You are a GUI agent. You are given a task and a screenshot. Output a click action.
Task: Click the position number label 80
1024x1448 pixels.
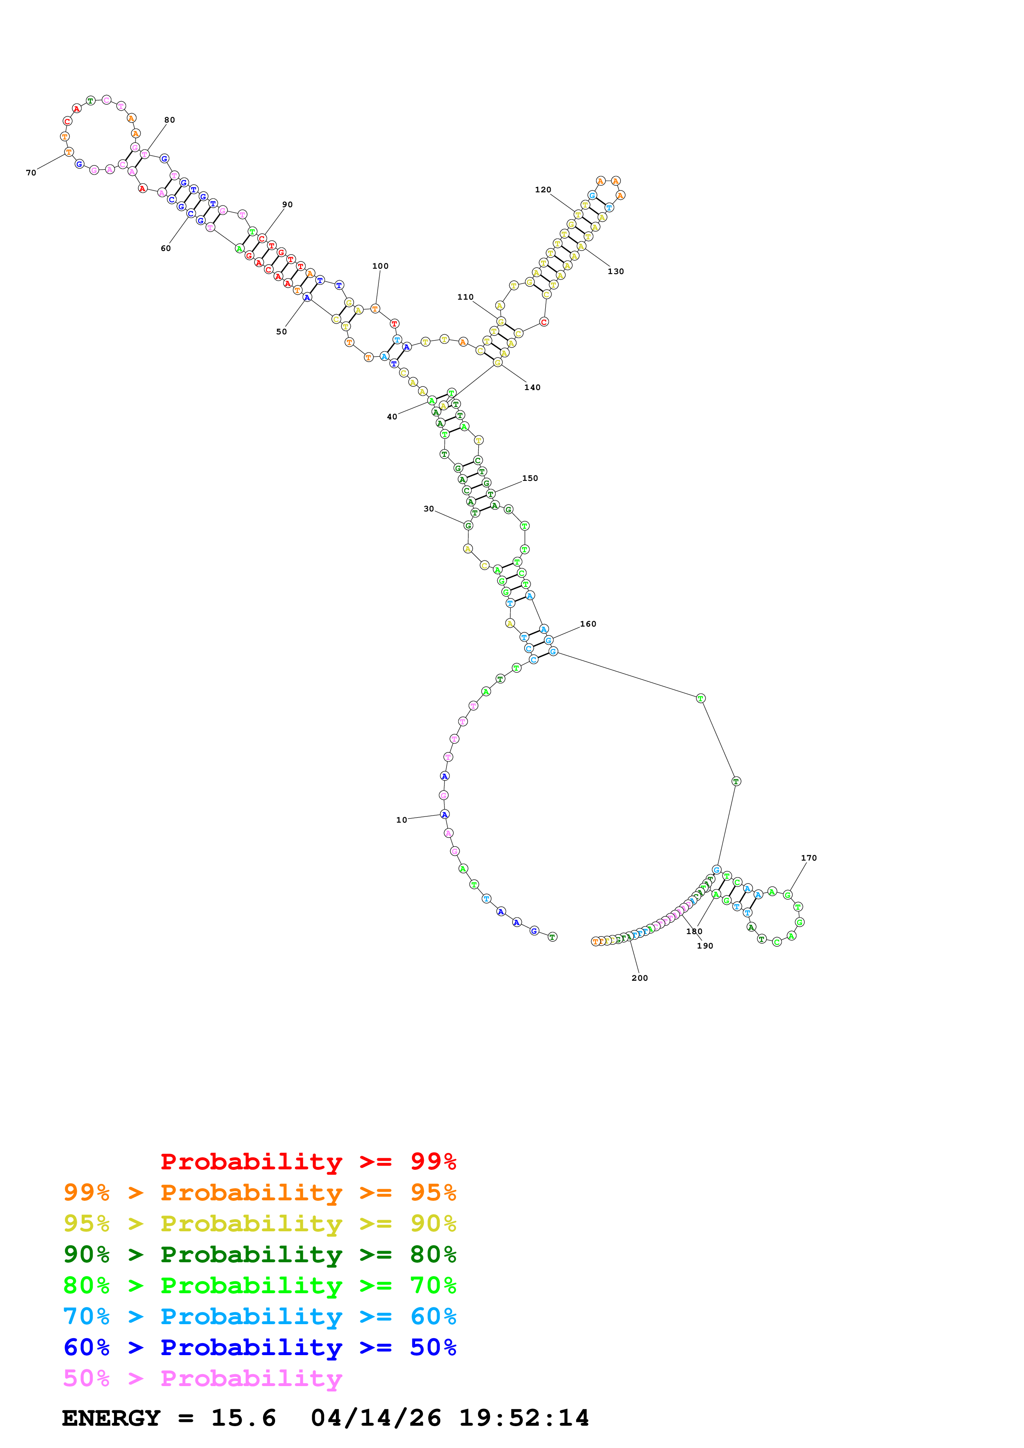point(170,120)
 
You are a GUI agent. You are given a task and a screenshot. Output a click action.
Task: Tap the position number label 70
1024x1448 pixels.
point(31,173)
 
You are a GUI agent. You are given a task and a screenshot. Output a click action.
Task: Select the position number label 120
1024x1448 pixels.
point(543,190)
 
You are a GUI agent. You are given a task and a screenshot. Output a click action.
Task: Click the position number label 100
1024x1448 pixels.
point(380,266)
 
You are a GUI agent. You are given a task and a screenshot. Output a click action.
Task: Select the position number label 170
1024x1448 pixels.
point(808,858)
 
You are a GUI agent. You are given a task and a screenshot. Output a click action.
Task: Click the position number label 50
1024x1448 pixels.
point(281,332)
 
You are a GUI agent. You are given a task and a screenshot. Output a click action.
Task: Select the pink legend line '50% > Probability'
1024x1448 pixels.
point(202,1379)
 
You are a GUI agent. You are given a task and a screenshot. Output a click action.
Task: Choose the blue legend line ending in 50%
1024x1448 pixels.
point(259,1348)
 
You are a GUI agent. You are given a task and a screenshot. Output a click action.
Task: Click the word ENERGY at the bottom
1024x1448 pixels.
point(111,1418)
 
